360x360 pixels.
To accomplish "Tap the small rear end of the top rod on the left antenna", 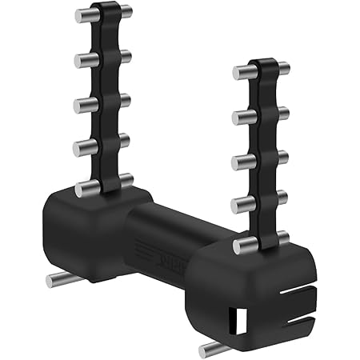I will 125,12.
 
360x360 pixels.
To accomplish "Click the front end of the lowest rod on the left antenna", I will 82,190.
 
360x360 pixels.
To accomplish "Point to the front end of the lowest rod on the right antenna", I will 239,247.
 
